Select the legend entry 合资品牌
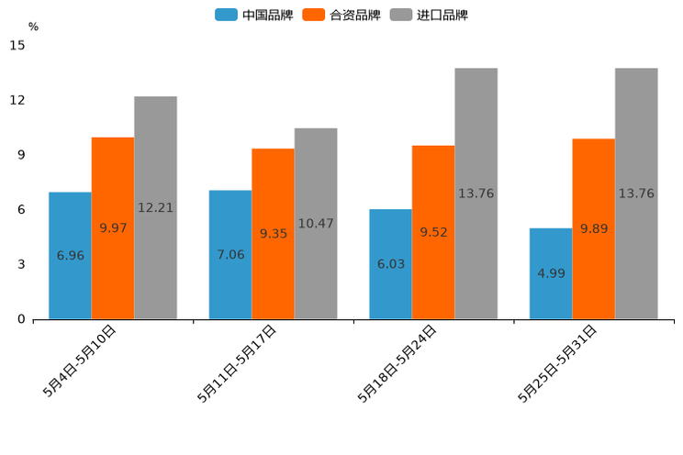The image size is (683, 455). pos(341,15)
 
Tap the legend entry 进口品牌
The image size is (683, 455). pos(429,15)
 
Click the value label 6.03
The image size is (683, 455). pos(391,264)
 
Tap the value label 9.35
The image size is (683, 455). pos(274,234)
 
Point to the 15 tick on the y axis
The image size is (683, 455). pos(17,45)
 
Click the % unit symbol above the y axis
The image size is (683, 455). pos(33,27)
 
